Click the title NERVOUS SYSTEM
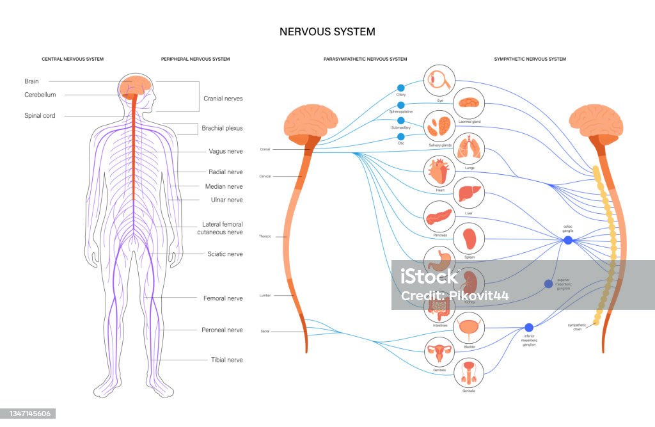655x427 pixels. coord(327,31)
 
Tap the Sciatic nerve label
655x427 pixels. coord(225,254)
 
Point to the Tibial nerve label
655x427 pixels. coord(226,360)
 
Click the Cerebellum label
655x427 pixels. coord(40,95)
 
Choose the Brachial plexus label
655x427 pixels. coord(223,128)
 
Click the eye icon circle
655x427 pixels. coord(440,79)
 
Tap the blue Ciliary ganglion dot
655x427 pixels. coord(401,88)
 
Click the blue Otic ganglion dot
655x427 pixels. coord(401,136)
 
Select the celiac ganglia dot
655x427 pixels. coord(568,240)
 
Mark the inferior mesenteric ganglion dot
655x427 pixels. coord(528,328)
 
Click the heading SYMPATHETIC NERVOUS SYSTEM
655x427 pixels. coord(530,59)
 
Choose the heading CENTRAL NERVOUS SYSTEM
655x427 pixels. coord(72,59)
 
